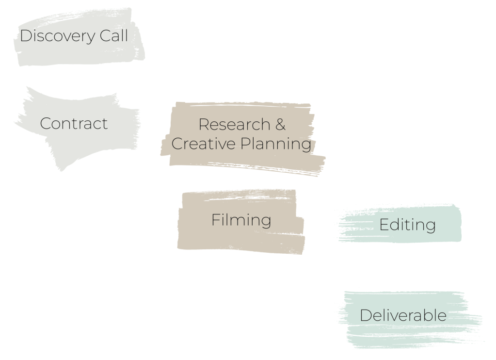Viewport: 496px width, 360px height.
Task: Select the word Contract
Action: coord(74,124)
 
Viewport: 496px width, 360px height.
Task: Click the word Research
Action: coord(233,125)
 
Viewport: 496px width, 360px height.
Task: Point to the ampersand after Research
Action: coord(280,125)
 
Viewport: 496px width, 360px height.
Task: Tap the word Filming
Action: coord(241,220)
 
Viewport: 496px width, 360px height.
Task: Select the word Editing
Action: coord(407,225)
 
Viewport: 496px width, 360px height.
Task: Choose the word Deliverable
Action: coord(403,315)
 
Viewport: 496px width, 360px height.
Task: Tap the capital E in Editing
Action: coord(384,225)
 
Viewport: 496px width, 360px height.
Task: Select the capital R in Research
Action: coord(204,125)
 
